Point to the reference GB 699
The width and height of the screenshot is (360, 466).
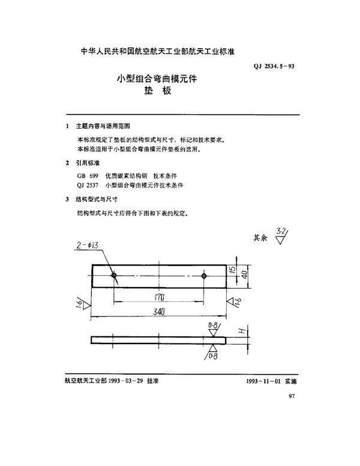(x=86, y=175)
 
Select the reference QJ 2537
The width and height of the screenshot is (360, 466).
(x=87, y=186)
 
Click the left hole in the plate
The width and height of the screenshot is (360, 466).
(x=113, y=276)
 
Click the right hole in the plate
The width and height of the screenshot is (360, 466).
(x=205, y=276)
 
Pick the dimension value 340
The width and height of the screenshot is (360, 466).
(x=158, y=313)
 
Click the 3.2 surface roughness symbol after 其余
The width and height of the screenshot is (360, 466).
(x=279, y=236)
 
